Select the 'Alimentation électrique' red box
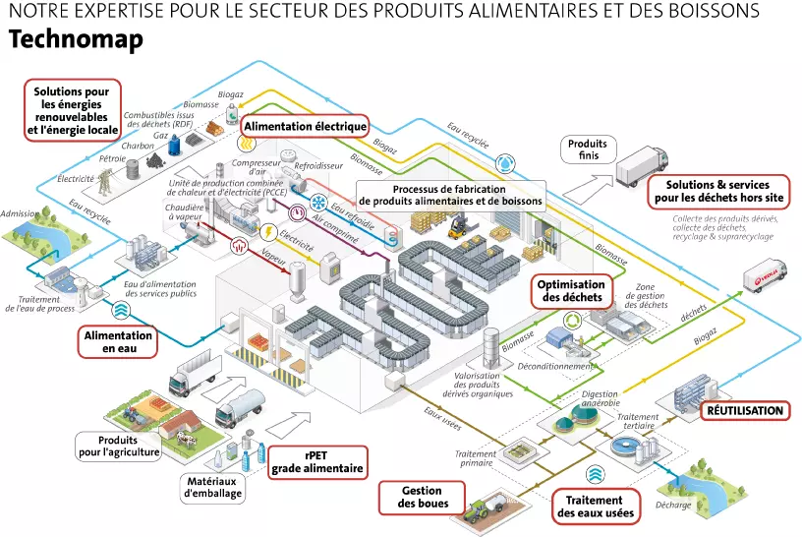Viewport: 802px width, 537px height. pyautogui.click(x=305, y=126)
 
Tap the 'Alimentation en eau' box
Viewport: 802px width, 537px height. pyautogui.click(x=118, y=341)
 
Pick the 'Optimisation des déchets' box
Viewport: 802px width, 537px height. pyautogui.click(x=570, y=289)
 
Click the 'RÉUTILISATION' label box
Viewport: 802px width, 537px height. pyautogui.click(x=745, y=410)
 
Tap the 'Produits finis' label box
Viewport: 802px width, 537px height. pyautogui.click(x=588, y=149)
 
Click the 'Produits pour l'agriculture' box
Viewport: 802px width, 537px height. pyautogui.click(x=115, y=446)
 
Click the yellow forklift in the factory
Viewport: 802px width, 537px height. pyautogui.click(x=456, y=226)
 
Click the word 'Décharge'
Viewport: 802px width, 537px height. pyautogui.click(x=675, y=505)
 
